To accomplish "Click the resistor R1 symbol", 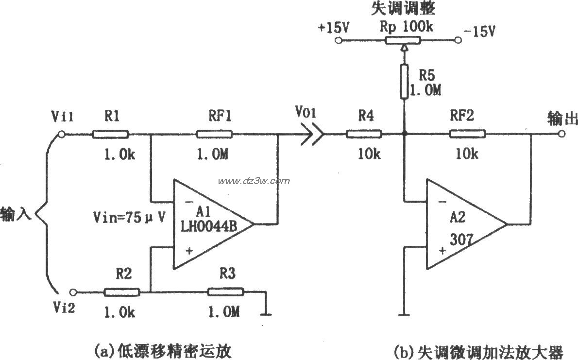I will coord(111,134).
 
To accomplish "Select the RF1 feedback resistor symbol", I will coord(215,134).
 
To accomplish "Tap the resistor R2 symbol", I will coord(122,292).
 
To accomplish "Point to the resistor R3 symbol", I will coord(226,292).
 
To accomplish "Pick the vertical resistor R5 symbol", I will coord(404,82).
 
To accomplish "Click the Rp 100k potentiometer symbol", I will coord(404,41).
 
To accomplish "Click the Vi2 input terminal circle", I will coord(73,292).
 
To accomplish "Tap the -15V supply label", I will coord(479,31).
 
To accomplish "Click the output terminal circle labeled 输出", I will coord(562,134).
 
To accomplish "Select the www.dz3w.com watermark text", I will coord(254,181).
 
